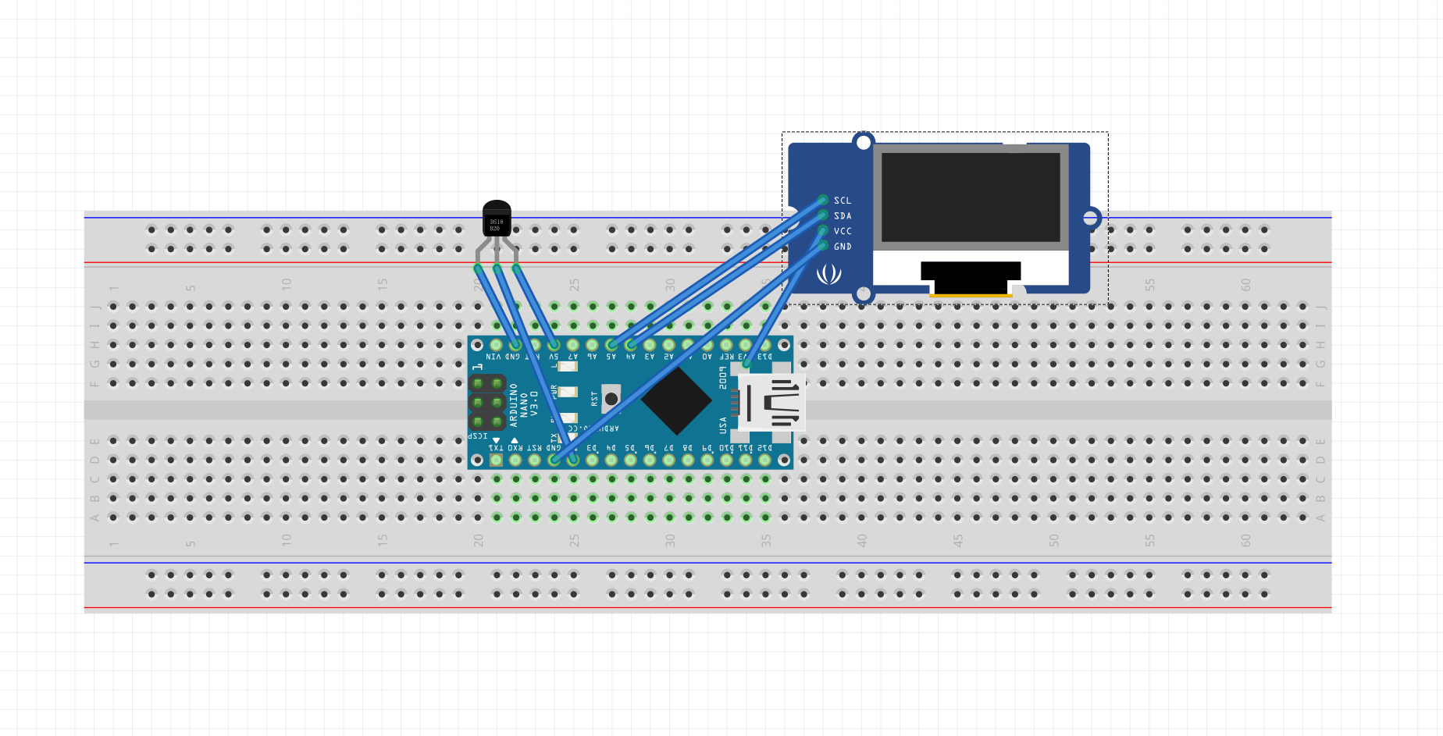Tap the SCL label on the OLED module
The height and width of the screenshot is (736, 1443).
[843, 201]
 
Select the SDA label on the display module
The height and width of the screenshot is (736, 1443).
[843, 216]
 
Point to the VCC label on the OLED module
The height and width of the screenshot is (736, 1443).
[843, 231]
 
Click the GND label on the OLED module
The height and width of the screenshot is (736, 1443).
[843, 247]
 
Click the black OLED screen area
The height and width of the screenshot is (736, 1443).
[971, 197]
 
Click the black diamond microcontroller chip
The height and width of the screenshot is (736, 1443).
[676, 400]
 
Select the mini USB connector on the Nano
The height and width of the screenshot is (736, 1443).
[772, 402]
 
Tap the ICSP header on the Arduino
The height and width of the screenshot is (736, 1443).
[487, 403]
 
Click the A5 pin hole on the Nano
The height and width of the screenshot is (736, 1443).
[611, 344]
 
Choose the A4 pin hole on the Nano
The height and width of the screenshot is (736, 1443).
[631, 344]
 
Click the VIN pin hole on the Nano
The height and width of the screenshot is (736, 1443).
[496, 344]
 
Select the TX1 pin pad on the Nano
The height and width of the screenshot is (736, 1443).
[496, 460]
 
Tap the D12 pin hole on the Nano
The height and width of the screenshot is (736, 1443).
[764, 460]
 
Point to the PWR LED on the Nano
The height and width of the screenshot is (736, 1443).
[568, 392]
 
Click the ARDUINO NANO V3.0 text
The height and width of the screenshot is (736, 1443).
[524, 404]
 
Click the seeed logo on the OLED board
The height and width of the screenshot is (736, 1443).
[828, 274]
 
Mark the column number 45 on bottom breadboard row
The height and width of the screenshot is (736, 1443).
[957, 540]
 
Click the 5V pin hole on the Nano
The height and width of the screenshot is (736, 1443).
[554, 344]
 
